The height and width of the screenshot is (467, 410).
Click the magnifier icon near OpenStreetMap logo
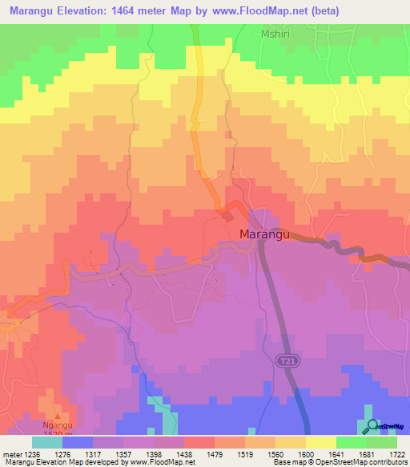click(370, 426)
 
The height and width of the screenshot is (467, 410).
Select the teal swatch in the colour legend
click(47, 442)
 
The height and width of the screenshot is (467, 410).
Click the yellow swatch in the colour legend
click(320, 442)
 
